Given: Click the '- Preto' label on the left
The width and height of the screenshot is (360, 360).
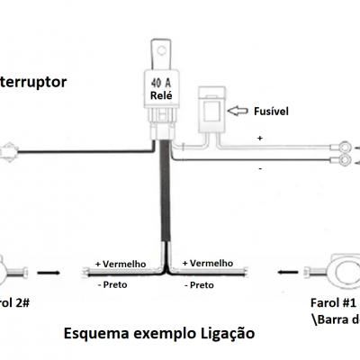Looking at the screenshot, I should pos(112,284).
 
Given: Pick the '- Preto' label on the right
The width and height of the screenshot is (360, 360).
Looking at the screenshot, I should pos(200,284).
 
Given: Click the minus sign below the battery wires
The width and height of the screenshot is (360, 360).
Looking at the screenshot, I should pos(261,167).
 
